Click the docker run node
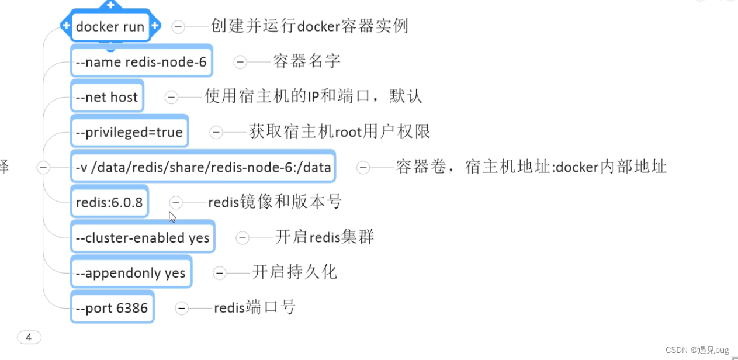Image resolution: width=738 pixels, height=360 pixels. [110, 26]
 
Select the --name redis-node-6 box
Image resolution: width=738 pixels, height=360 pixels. [141, 61]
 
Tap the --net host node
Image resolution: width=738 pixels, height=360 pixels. [107, 97]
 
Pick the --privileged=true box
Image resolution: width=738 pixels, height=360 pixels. [129, 132]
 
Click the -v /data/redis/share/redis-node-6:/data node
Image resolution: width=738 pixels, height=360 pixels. [203, 168]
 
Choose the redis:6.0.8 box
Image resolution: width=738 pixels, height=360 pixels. [109, 202]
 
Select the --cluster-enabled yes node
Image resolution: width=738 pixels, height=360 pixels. [143, 238]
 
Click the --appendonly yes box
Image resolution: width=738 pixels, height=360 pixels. [131, 273]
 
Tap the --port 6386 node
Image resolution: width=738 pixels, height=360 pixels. [112, 308]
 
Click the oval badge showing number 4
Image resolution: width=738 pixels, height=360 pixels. [29, 337]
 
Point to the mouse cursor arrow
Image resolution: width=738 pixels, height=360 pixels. [172, 216]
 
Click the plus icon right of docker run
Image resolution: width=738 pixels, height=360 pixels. [155, 26]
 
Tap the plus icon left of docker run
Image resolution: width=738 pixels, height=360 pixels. [66, 26]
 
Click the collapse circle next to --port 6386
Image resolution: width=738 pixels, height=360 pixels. [182, 308]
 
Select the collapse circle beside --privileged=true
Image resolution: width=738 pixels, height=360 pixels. [216, 133]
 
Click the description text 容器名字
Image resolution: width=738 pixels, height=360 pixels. [307, 61]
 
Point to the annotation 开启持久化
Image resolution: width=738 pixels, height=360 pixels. [294, 272]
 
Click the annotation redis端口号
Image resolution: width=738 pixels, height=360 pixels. [255, 307]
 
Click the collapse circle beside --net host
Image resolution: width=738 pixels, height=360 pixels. [171, 97]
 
